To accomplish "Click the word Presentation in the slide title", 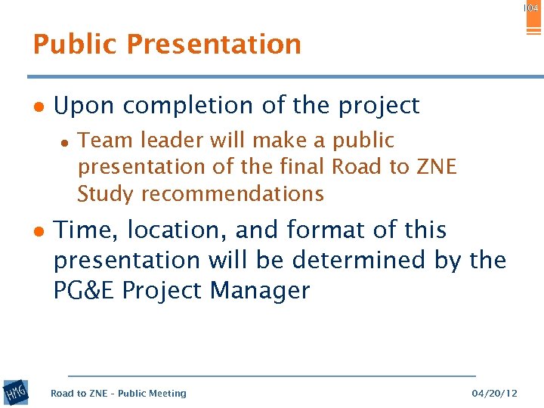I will click(x=214, y=45).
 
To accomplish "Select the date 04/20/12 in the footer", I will click(x=494, y=393).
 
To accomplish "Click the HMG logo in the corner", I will click(x=15, y=393).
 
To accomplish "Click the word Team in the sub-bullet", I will click(x=101, y=141).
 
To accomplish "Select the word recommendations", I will click(x=232, y=193).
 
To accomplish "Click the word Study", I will click(x=105, y=193).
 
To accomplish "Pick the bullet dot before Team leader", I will click(x=66, y=141).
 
